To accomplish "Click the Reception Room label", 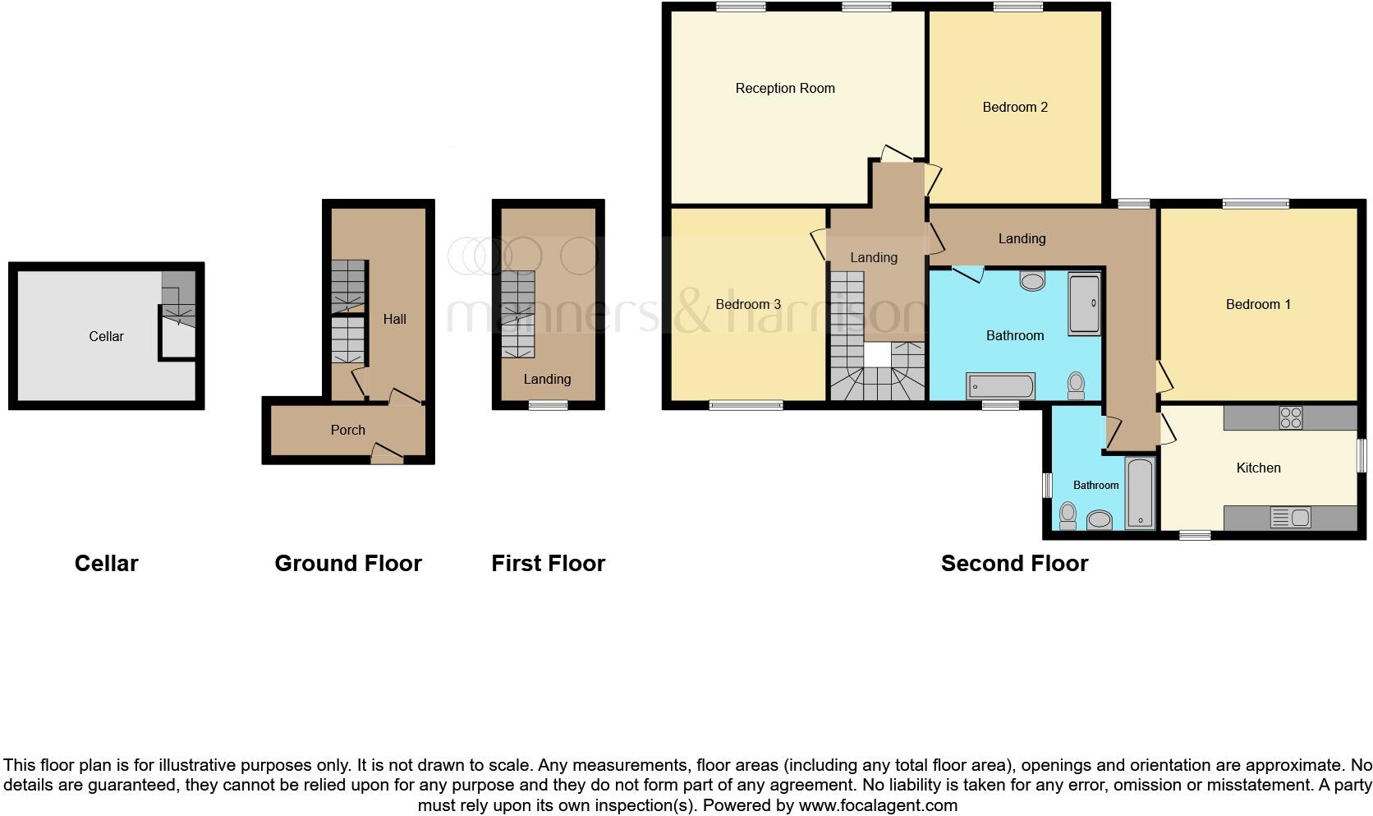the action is coord(784,89).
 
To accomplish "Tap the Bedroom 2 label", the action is coord(1015,108).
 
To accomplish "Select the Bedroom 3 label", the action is coord(748,304).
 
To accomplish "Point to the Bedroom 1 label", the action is coord(1258,304).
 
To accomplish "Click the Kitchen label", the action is coord(1258,468).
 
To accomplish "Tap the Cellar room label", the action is coord(106,336).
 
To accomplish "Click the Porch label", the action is coord(347,430).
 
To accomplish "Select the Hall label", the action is coord(394,319).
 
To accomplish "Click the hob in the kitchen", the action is coord(1290,417).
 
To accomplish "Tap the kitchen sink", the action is coord(1290,517).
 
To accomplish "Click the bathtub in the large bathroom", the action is coord(1000,386).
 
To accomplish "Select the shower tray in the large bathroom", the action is coord(1084,304).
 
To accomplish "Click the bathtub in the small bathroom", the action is coord(1140,493).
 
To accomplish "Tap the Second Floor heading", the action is coord(1014,563).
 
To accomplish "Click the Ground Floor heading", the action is coord(348,563).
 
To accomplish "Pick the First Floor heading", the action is coord(548,563).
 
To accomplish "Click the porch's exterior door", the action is coord(387,454).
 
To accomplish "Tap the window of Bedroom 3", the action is coord(746,405).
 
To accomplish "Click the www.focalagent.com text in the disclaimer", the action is coord(878,805).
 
